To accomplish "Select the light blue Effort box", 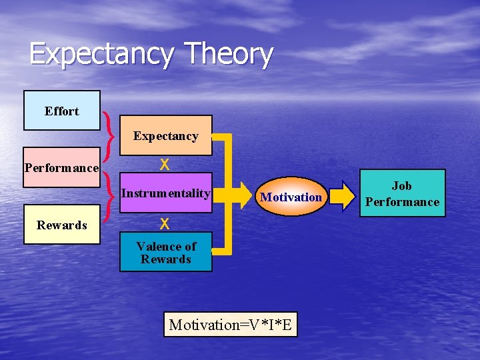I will click(61, 111).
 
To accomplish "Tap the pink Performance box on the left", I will click(61, 167).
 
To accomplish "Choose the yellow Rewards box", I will click(61, 225).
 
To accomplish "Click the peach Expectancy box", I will click(165, 136).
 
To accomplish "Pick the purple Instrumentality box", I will click(165, 194).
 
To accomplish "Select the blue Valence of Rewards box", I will click(165, 253).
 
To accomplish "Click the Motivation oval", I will click(291, 197).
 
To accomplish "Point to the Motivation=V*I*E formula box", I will click(231, 325).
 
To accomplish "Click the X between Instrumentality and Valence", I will click(164, 223).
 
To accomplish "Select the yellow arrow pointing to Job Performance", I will click(343, 195).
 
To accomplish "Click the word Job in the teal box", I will click(401, 186).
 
